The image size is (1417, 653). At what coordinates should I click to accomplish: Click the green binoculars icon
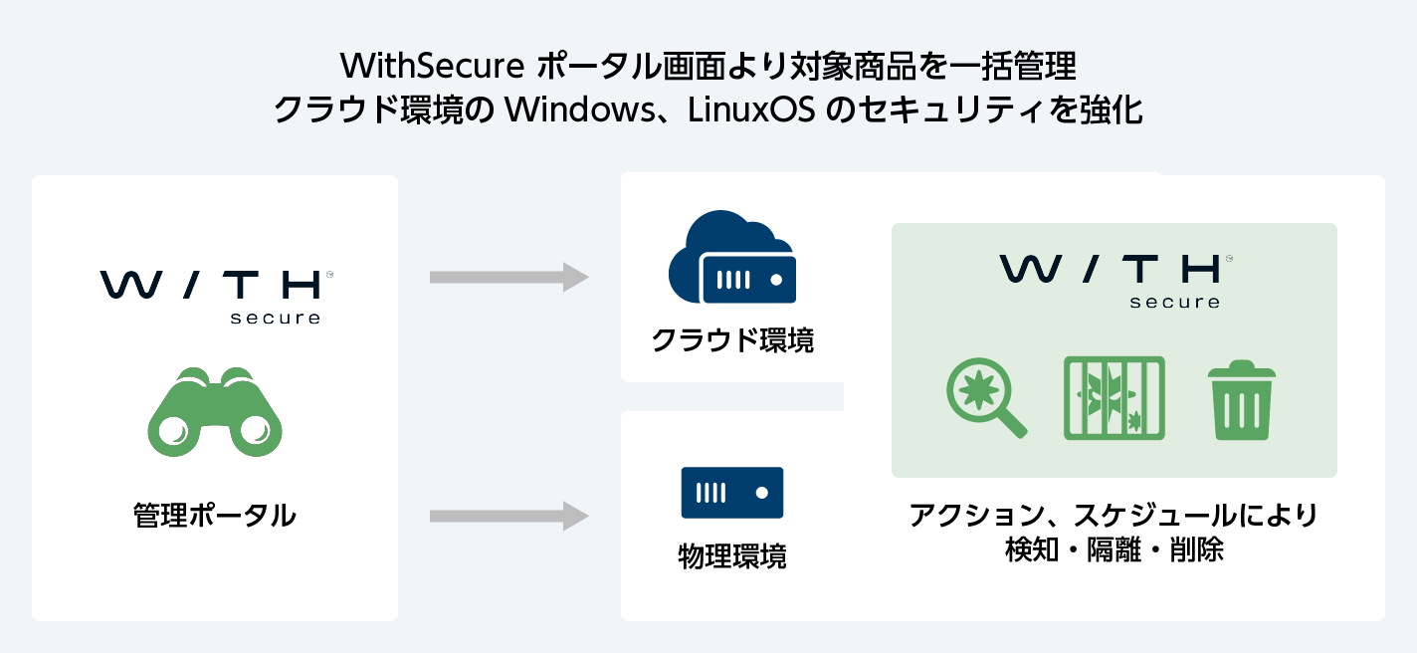tap(214, 412)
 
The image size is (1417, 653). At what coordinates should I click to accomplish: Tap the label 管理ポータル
tap(214, 516)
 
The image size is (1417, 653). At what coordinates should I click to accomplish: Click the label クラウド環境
tap(732, 340)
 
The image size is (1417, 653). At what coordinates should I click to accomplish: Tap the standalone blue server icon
tap(732, 492)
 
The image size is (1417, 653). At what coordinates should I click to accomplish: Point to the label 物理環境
tap(732, 555)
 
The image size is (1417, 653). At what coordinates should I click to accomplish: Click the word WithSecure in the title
tap(432, 67)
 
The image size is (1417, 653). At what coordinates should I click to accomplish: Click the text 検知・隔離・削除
tap(1114, 549)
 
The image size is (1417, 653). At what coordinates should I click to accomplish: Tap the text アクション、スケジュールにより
tap(1114, 516)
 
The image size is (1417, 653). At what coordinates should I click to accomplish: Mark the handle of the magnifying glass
tap(1012, 425)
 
